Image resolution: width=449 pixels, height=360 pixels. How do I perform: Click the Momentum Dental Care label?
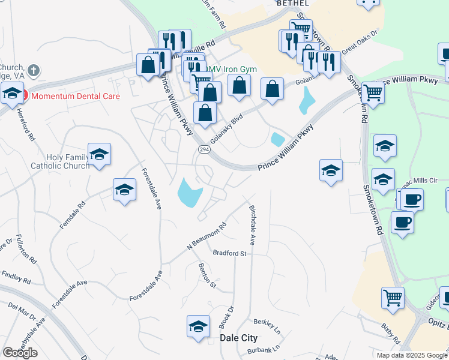point(75,96)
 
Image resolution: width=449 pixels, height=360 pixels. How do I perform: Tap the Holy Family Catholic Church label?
point(59,161)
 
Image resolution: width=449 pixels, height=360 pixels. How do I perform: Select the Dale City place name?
point(238,338)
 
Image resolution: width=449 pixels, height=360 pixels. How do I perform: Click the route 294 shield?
point(203,150)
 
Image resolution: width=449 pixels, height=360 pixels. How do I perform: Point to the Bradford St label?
point(230,254)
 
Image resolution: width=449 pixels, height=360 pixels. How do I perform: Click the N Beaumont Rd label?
point(206,236)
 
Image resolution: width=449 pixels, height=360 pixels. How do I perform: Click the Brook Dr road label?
point(226,316)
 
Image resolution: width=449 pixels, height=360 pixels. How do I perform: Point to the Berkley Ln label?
point(268,327)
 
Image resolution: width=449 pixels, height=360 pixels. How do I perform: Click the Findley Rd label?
point(16,277)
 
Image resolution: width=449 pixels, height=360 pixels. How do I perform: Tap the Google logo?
point(20,353)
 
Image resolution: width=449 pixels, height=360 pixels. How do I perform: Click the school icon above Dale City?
point(197,326)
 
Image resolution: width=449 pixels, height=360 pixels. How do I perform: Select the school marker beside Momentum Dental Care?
point(11,94)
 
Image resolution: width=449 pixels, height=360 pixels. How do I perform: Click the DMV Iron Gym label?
point(231,69)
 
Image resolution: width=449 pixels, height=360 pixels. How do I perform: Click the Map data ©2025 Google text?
point(411,355)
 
